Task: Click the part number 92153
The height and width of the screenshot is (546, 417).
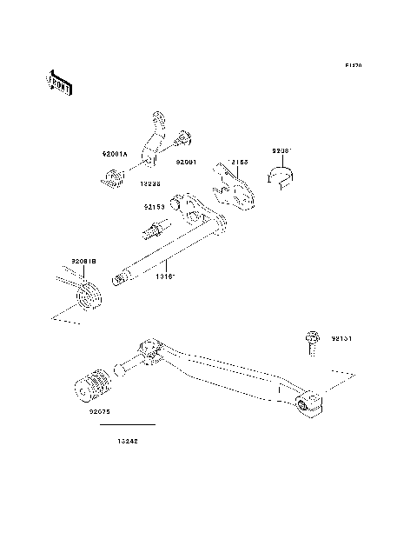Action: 156,208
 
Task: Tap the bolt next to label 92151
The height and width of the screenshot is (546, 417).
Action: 310,342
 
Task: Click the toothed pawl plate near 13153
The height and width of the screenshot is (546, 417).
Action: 235,193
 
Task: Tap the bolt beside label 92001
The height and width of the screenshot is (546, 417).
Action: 185,136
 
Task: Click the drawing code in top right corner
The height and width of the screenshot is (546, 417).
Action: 353,65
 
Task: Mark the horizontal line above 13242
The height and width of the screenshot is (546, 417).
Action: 128,424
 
